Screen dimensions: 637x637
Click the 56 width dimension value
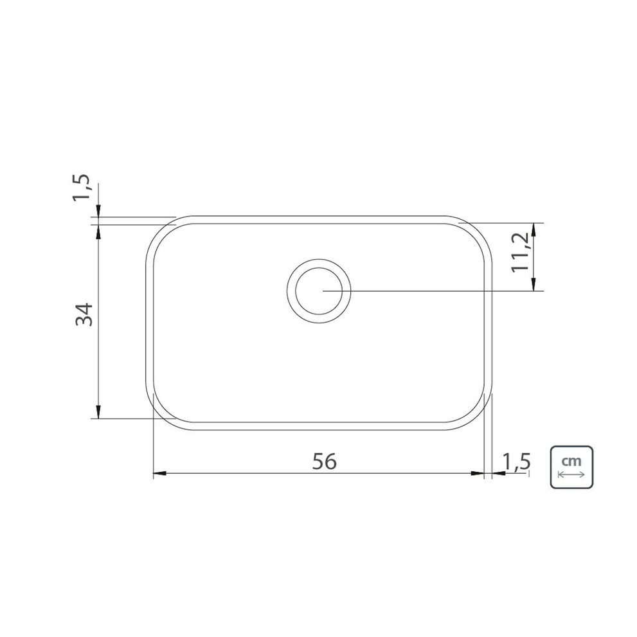tap(325, 462)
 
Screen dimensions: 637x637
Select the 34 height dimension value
tap(85, 314)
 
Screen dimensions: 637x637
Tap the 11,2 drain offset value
tap(521, 252)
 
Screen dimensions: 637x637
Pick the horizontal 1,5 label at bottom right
tap(516, 462)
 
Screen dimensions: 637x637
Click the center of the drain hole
tap(319, 291)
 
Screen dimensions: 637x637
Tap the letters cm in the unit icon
tap(571, 461)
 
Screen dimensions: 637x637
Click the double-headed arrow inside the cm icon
tap(571, 474)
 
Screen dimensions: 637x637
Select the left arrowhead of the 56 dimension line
tap(159, 473)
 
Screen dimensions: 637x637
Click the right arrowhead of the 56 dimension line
tap(478, 473)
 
